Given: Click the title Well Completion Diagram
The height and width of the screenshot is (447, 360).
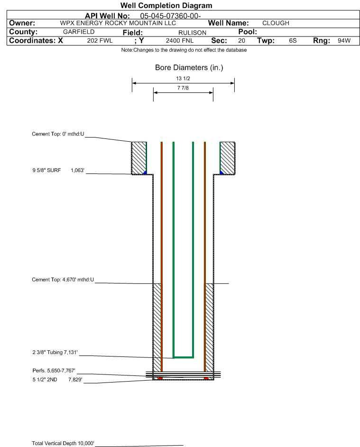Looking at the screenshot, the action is [166, 5].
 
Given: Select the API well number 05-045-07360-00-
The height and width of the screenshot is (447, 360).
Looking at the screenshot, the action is [170, 16].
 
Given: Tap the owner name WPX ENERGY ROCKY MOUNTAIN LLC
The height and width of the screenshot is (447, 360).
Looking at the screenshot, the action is [118, 23].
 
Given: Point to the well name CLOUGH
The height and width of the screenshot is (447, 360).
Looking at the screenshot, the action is [276, 23].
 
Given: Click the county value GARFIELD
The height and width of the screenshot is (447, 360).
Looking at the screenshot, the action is [79, 32].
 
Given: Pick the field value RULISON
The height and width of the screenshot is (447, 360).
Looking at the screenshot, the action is [192, 33].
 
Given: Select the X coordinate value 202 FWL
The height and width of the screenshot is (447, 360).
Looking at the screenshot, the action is [100, 40].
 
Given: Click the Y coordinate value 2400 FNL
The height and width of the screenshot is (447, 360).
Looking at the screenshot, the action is [180, 40].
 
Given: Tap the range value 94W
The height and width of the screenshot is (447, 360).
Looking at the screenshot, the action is [344, 40].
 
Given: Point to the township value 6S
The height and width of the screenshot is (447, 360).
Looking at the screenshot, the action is [293, 40].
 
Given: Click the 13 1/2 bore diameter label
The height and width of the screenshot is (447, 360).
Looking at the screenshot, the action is [183, 78].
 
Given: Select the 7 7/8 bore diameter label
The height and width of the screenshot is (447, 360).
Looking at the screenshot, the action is [183, 88].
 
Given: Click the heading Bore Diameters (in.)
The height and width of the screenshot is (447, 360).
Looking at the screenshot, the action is [189, 68].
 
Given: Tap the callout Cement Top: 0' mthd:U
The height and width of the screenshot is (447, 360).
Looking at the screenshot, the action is [58, 134].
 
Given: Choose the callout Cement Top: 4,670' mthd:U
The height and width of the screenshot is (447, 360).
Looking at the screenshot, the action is [63, 280].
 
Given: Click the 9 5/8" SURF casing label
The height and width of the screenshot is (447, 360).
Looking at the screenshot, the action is [46, 170].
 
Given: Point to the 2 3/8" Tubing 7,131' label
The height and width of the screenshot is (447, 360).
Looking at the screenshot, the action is [55, 352].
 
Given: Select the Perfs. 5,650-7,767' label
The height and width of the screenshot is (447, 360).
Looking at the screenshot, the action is [54, 371].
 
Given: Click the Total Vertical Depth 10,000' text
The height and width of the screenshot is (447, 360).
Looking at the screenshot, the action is [63, 443].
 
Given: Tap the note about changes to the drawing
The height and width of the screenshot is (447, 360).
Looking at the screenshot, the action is [184, 50].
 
